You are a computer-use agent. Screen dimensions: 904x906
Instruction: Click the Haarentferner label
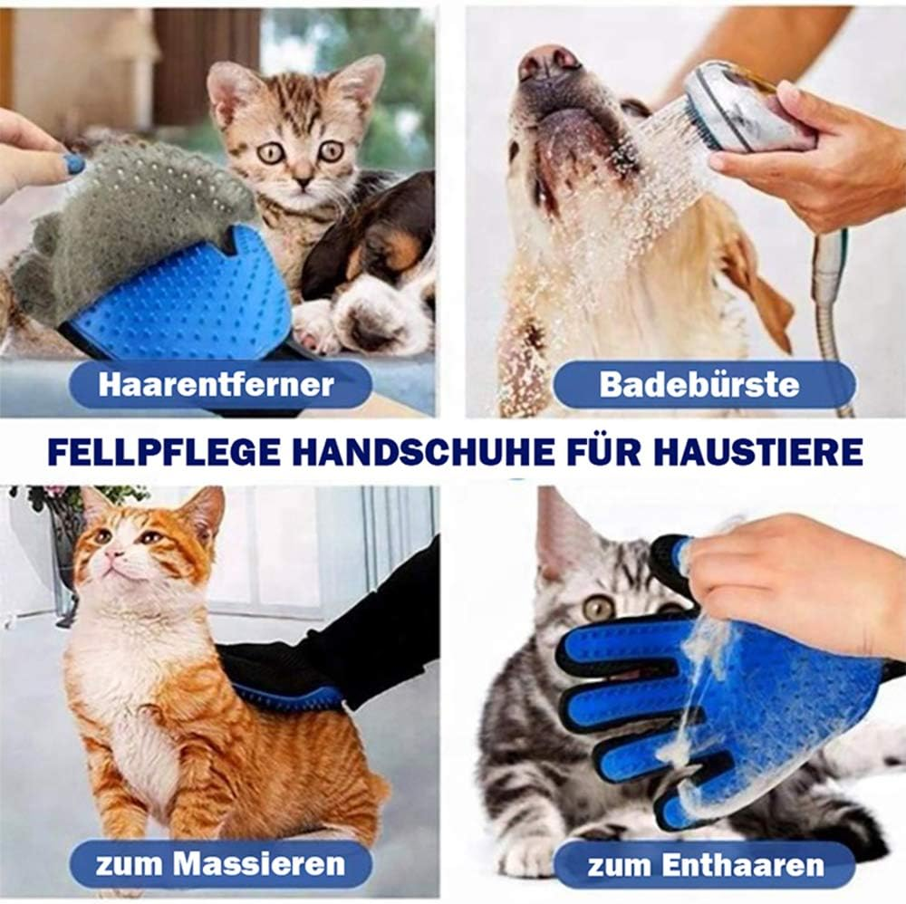click(217, 384)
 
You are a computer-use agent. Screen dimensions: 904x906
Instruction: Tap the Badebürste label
click(699, 384)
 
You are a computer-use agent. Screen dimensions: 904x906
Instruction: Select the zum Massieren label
click(220, 863)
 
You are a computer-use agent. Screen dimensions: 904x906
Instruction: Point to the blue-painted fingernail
click(74, 164)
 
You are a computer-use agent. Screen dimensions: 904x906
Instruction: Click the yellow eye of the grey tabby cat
click(597, 608)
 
